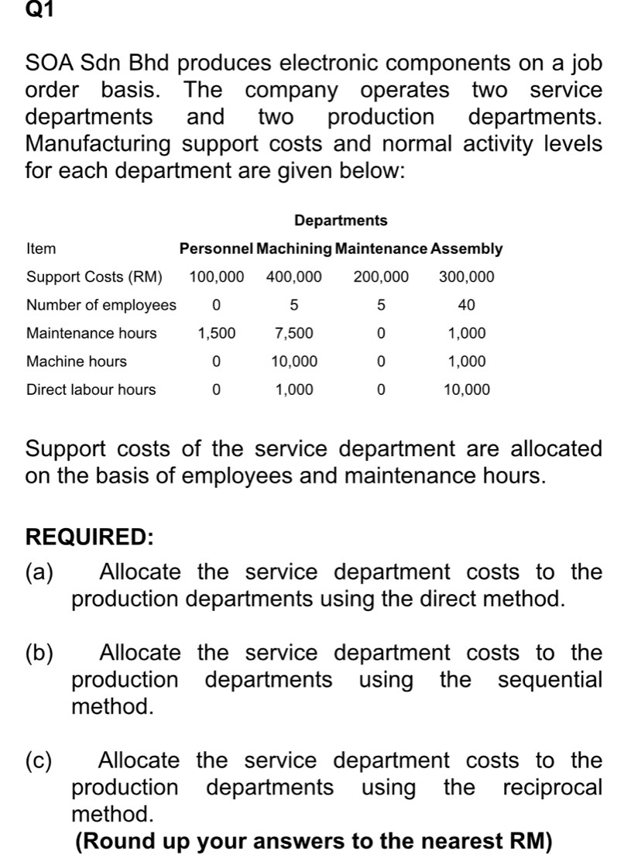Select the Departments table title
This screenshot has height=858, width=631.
(x=341, y=221)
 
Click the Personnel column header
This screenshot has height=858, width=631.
(x=216, y=249)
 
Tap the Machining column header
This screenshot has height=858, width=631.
(x=294, y=249)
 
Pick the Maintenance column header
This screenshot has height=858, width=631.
(x=382, y=249)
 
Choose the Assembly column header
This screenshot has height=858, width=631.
(x=467, y=249)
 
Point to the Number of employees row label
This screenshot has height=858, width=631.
(x=101, y=305)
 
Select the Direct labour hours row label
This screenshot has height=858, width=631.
(x=91, y=390)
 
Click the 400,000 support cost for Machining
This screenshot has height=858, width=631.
(x=294, y=277)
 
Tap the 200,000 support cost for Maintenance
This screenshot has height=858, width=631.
(x=381, y=277)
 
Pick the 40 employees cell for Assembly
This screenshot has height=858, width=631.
(x=467, y=305)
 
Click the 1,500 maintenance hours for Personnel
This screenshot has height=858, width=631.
(x=217, y=334)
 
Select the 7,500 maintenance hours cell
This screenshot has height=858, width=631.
(x=294, y=334)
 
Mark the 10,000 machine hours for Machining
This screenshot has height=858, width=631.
(x=294, y=362)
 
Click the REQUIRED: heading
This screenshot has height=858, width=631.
(x=89, y=536)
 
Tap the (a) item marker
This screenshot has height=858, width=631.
(x=40, y=572)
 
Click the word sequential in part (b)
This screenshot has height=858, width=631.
(x=550, y=680)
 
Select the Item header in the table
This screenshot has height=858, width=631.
(x=41, y=249)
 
